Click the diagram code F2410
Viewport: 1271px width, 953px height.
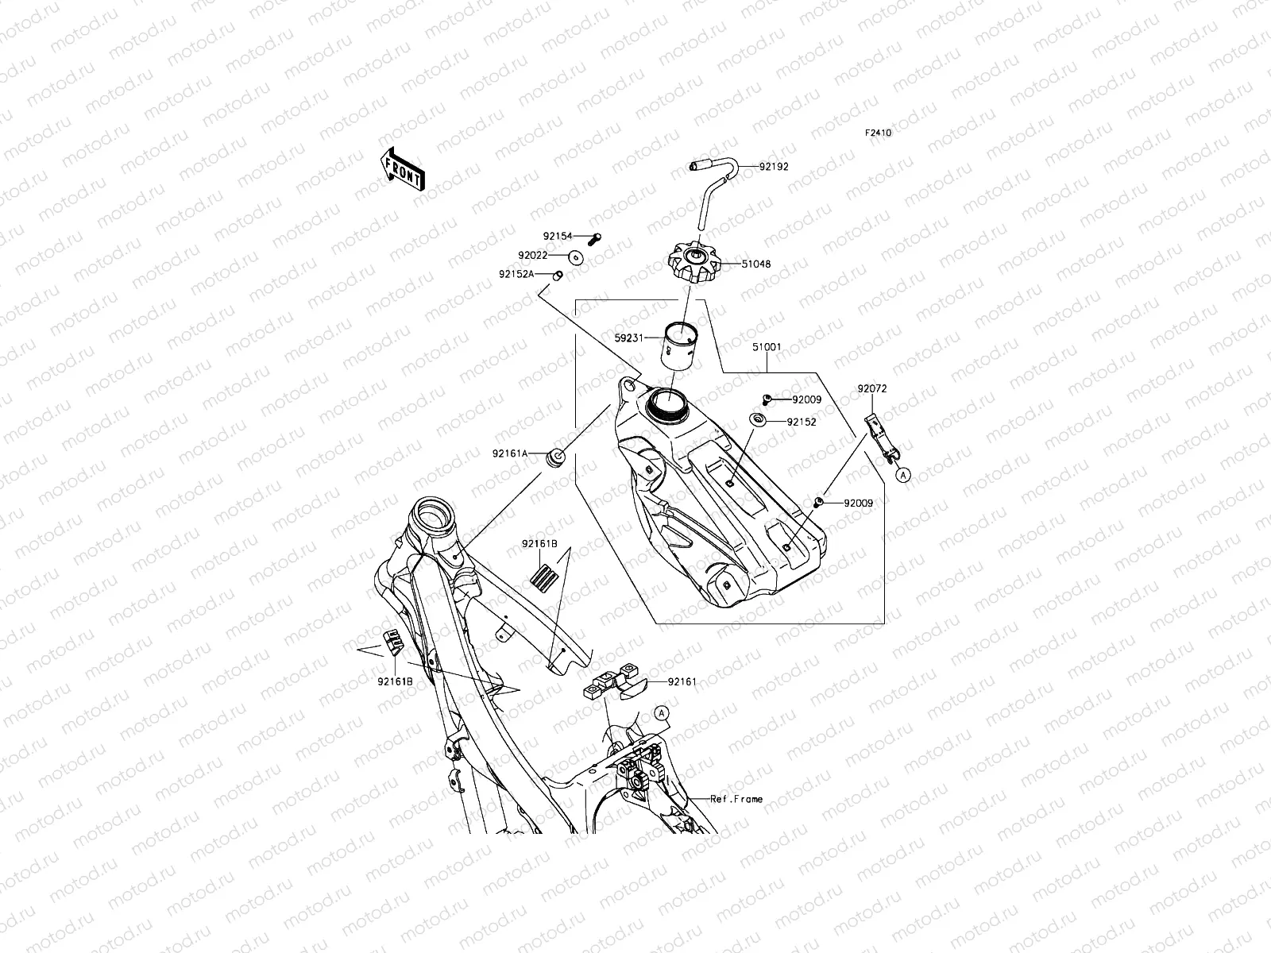(x=878, y=133)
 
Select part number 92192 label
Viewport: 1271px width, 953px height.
(x=774, y=168)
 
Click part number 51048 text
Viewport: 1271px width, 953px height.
(x=756, y=264)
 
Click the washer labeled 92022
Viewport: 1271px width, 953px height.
(x=576, y=257)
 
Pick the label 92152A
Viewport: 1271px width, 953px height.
(x=516, y=274)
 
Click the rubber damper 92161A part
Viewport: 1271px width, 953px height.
(x=556, y=457)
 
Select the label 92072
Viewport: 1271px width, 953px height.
(x=871, y=389)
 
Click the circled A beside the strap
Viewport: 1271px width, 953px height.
(x=902, y=474)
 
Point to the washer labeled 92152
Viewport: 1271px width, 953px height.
(x=757, y=420)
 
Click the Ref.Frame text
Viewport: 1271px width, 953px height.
(x=736, y=799)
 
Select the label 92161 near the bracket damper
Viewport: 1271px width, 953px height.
(x=682, y=681)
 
